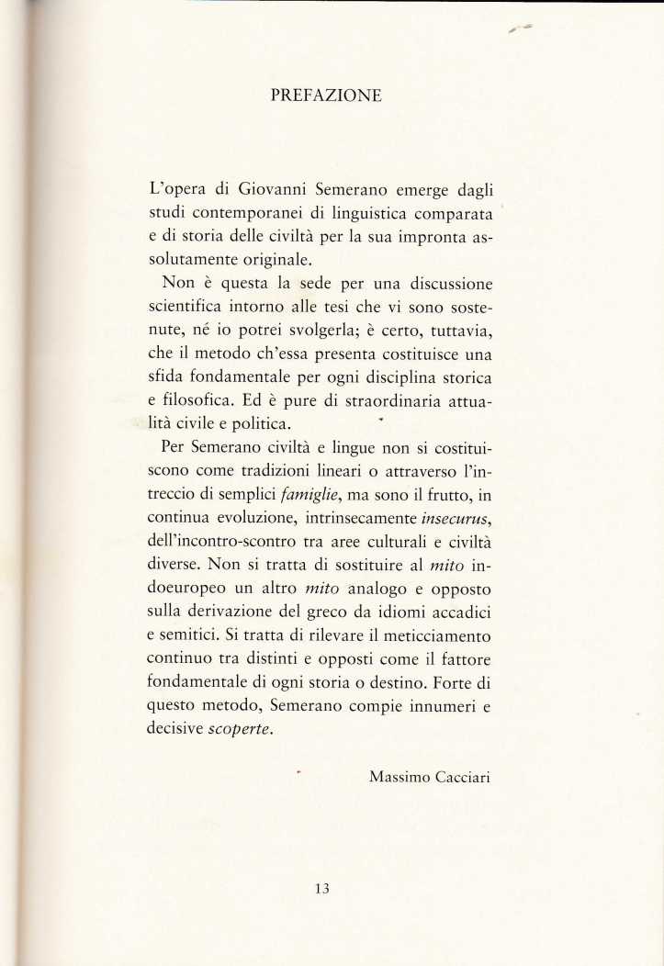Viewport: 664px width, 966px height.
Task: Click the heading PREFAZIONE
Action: pyautogui.click(x=327, y=95)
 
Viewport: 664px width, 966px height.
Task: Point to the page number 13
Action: pyautogui.click(x=321, y=888)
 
